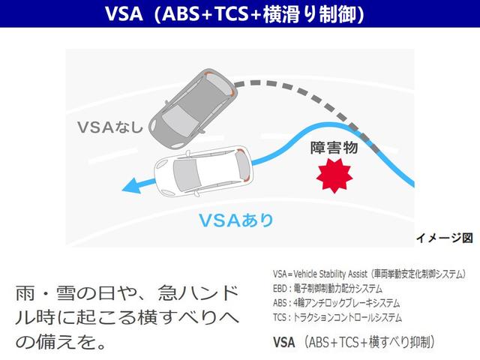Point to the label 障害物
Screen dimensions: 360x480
click(x=334, y=148)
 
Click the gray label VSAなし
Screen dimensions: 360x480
click(x=109, y=127)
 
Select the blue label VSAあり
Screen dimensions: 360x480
click(x=235, y=220)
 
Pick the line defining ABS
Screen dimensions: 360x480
click(x=337, y=303)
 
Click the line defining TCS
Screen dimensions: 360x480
click(x=337, y=317)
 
